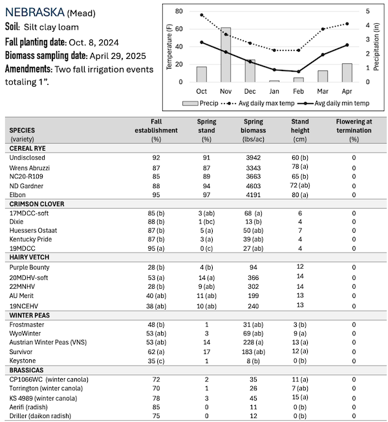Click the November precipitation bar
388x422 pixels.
pyautogui.click(x=226, y=55)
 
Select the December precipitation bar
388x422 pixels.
pyautogui.click(x=250, y=70)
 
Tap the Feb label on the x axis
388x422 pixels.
pyautogui.click(x=298, y=90)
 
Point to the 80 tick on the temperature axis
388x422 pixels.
pyautogui.click(x=178, y=11)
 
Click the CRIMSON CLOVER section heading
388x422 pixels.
pyautogui.click(x=38, y=204)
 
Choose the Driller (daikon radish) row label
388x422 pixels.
pyautogui.click(x=43, y=416)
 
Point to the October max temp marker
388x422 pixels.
pyautogui.click(x=202, y=15)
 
